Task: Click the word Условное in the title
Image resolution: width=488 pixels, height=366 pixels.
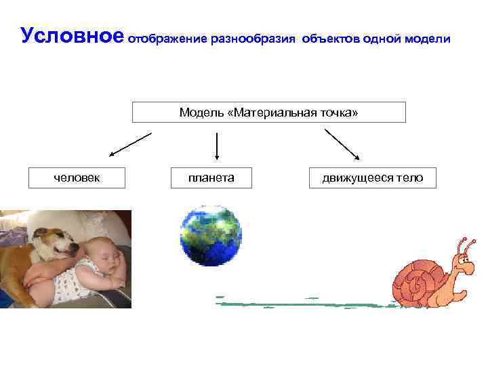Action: (71, 36)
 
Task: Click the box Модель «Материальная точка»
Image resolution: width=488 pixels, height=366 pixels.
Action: (268, 112)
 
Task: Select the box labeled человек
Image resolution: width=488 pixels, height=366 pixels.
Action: (77, 178)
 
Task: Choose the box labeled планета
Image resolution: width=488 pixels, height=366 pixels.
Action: (211, 178)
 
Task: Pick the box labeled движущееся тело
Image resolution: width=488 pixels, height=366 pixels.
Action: (372, 178)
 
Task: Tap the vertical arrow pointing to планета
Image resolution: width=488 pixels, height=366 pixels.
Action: (216, 146)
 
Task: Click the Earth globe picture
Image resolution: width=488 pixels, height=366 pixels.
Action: (211, 236)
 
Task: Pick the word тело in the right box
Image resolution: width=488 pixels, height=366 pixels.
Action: (410, 178)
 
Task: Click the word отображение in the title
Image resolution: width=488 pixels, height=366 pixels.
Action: (167, 39)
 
